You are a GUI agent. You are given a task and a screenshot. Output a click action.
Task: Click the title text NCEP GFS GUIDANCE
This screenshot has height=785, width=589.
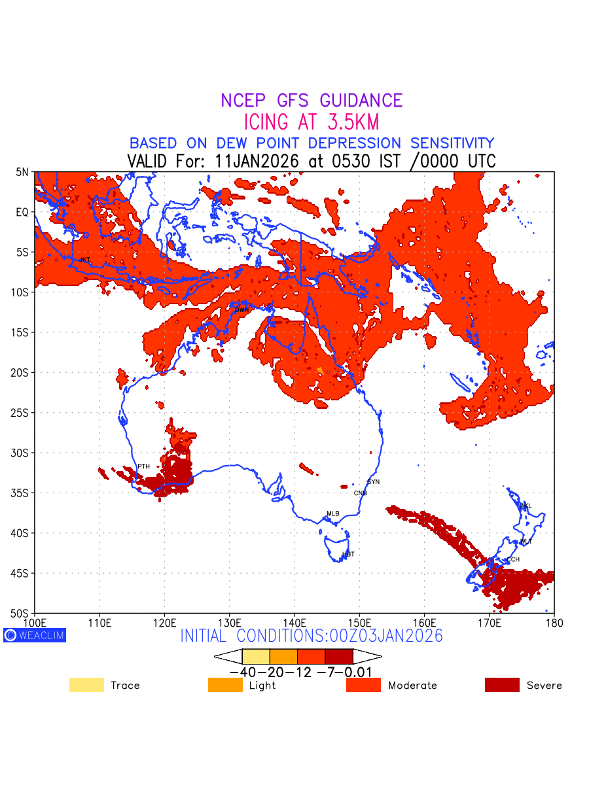(x=312, y=101)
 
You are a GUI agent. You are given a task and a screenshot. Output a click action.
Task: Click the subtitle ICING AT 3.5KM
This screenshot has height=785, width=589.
(x=312, y=122)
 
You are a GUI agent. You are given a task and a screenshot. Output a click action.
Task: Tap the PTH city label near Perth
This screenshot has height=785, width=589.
(x=143, y=466)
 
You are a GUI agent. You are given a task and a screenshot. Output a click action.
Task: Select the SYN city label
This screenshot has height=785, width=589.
(x=373, y=482)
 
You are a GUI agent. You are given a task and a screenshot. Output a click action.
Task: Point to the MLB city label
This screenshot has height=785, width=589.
(x=333, y=514)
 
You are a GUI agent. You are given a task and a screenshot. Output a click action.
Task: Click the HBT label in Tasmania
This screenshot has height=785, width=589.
(x=348, y=554)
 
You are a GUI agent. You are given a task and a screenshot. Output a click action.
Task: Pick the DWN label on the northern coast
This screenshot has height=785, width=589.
(x=241, y=309)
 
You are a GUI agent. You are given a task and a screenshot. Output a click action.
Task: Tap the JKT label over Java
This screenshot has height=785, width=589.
(x=84, y=260)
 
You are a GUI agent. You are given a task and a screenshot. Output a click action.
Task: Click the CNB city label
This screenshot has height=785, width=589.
(x=360, y=493)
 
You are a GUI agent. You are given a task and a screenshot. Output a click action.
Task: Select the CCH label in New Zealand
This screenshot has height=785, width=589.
(x=513, y=560)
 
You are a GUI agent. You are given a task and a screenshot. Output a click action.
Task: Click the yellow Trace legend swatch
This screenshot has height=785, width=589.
(x=86, y=685)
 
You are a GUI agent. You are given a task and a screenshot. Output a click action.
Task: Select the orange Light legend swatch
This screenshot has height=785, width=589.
(x=224, y=685)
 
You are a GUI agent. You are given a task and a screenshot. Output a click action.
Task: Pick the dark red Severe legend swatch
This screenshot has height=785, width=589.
(x=502, y=685)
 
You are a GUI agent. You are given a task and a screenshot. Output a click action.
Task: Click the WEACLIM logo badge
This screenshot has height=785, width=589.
(x=35, y=635)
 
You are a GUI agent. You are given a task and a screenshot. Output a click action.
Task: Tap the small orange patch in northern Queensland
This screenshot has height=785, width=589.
(x=320, y=370)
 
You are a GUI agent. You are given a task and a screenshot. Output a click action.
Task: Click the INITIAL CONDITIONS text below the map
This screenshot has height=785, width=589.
(x=312, y=636)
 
